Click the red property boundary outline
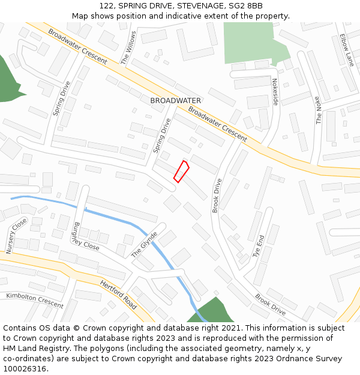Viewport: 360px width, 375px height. click(x=181, y=171)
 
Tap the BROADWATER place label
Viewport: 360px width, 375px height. click(x=176, y=100)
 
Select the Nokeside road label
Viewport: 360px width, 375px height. click(x=275, y=92)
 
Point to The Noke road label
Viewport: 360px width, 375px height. click(x=318, y=110)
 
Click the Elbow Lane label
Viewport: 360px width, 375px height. click(x=347, y=50)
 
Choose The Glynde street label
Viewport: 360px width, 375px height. click(x=144, y=245)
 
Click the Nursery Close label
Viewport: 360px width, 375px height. click(x=16, y=236)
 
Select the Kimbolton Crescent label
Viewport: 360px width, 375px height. click(x=34, y=300)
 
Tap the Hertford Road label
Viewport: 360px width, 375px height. click(x=118, y=295)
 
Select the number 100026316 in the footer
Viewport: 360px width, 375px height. click(x=24, y=368)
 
